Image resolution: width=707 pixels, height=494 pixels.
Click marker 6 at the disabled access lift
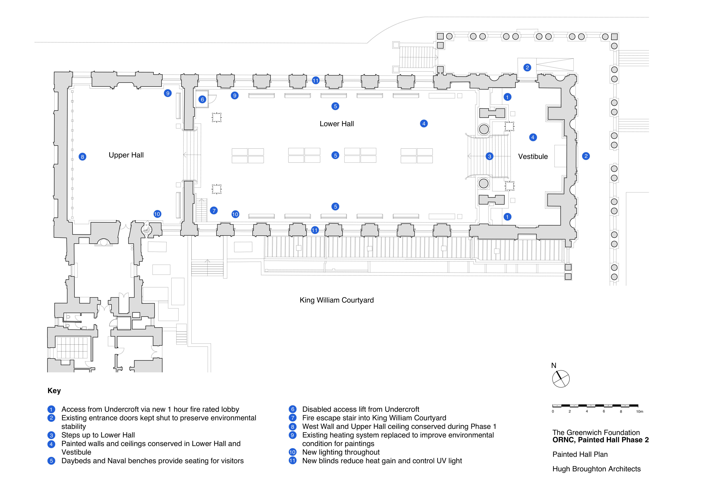202,99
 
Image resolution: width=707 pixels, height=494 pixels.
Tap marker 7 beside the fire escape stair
214,211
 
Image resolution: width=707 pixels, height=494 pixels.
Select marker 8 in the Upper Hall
82,157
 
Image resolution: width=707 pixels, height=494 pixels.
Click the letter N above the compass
554,365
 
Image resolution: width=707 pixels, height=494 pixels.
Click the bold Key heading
54,391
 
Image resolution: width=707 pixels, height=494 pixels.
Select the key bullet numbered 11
293,461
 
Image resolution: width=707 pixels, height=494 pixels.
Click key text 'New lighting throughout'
341,452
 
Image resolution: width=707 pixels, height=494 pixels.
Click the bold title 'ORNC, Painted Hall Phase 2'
600,440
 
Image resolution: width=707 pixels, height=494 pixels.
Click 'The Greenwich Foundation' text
596,433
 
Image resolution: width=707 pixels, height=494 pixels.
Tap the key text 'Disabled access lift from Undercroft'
361,409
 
